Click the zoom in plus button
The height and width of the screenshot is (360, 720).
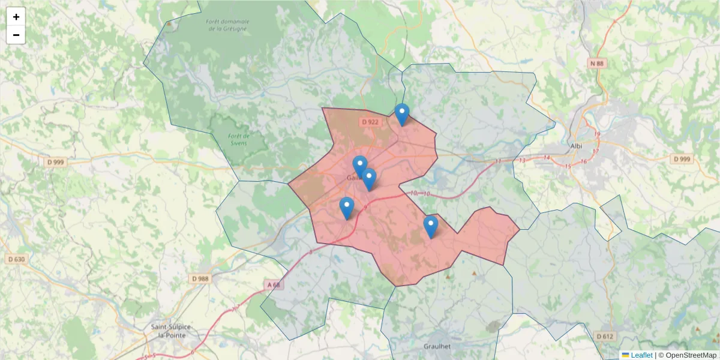pos(16,17)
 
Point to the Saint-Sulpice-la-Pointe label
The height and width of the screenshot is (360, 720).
pos(171,331)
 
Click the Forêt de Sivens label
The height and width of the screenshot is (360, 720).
pos(239,139)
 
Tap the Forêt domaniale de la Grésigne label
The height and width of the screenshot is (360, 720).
pos(227,25)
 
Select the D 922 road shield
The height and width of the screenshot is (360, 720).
pos(370,122)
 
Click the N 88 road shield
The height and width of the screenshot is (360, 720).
pos(598,63)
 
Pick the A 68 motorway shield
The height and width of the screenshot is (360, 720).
pos(274,284)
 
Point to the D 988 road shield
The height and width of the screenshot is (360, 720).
pos(201,278)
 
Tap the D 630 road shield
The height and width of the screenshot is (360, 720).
pos(17,259)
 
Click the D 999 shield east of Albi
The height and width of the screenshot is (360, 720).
pos(682,159)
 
